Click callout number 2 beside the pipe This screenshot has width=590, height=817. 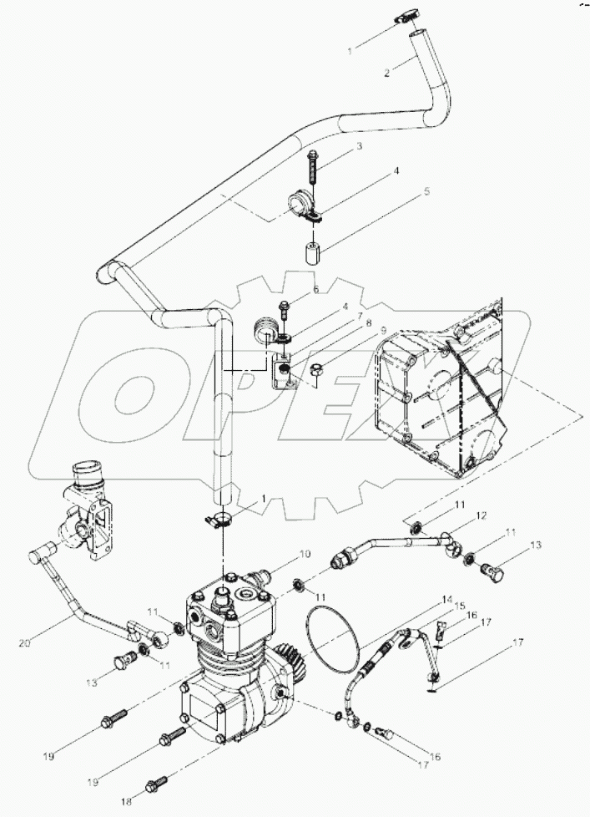[386, 74]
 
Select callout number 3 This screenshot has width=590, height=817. [358, 147]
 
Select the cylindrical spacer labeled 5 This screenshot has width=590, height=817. [312, 253]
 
